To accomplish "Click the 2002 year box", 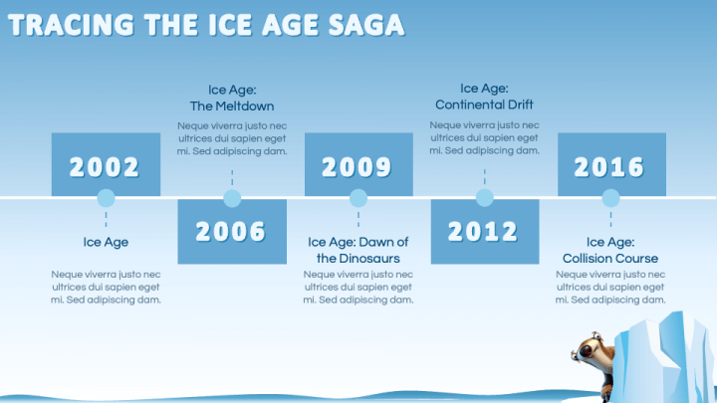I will point(106,164).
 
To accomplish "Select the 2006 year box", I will point(231,231).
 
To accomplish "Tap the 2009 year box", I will point(358,164).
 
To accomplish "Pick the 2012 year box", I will point(484,231).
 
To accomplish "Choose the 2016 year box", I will point(610,164).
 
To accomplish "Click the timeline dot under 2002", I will point(106,198).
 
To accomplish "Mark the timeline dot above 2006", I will point(232,198).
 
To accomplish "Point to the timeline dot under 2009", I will point(358,198).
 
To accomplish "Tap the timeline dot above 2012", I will point(485,198).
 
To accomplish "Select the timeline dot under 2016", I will point(610,198).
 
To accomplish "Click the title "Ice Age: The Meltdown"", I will point(232,98).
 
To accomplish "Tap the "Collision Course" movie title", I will point(610,250).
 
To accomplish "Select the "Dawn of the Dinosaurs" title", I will point(358,250).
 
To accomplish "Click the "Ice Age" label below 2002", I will point(106,242).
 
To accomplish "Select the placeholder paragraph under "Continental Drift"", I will point(484,138).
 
